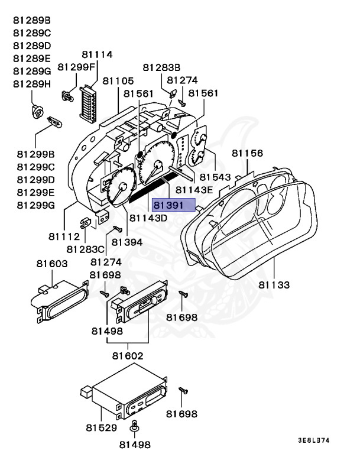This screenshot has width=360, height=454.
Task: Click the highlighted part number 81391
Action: (173, 205)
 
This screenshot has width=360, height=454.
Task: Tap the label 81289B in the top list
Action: (33, 20)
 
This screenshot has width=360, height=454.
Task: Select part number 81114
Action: (97, 54)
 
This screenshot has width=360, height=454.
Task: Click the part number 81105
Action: (118, 80)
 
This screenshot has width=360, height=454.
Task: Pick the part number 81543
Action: (215, 177)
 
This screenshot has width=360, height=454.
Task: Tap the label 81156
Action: (247, 153)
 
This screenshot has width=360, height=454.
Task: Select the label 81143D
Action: (148, 218)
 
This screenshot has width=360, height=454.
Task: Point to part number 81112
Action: (64, 236)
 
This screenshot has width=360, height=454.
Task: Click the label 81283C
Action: (86, 249)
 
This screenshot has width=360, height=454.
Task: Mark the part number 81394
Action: (127, 242)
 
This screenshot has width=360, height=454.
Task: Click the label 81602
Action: (127, 356)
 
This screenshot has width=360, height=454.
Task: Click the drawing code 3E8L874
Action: (313, 440)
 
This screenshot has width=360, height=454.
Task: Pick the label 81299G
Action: (36, 205)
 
